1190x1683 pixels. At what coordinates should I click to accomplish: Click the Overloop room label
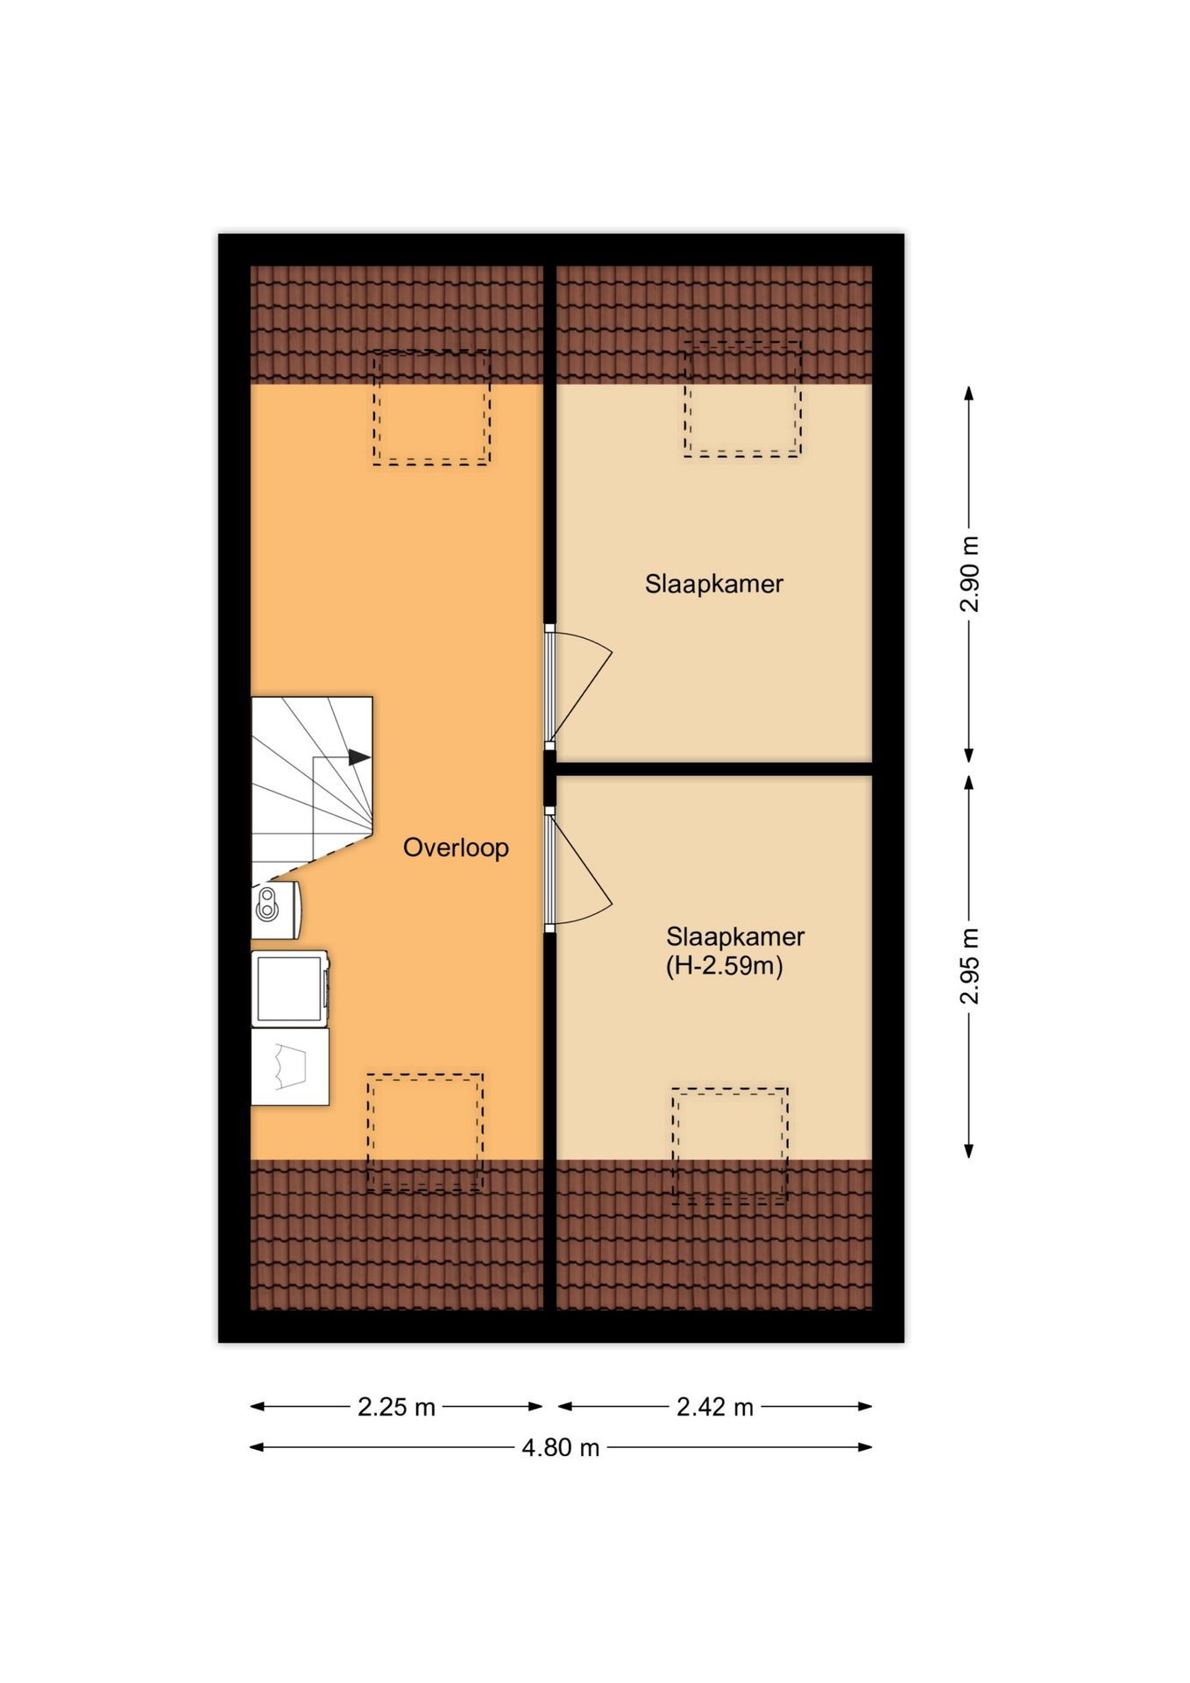(456, 848)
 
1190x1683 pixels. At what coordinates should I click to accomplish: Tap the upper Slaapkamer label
(714, 584)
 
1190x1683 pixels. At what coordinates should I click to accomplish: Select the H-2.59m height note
(725, 966)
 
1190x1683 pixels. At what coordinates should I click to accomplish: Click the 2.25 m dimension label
(396, 1407)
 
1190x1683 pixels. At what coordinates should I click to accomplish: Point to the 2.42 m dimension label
(715, 1407)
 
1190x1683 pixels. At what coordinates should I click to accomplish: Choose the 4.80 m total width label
(561, 1447)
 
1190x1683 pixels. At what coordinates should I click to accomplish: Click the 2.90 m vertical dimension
(969, 574)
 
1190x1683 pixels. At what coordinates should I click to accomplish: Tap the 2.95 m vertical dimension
(969, 966)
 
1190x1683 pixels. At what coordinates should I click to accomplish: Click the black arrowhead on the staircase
(359, 757)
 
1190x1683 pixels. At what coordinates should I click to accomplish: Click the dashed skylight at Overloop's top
(431, 407)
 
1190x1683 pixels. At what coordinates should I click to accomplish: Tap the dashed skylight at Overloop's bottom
(425, 1132)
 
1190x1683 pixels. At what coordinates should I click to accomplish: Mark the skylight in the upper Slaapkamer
(742, 399)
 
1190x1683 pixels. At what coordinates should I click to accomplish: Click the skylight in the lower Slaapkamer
(730, 1146)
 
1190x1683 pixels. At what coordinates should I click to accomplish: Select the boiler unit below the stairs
(276, 910)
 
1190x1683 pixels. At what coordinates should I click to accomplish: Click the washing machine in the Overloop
(290, 989)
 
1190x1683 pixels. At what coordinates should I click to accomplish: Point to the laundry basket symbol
(290, 1067)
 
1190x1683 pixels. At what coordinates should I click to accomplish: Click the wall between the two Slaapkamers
(714, 769)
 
